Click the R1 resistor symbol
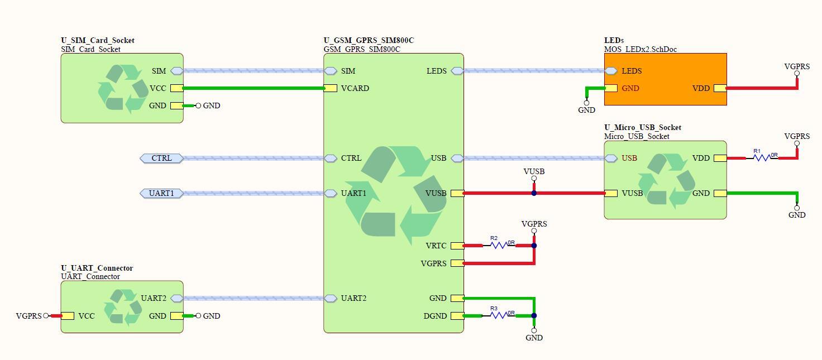click(x=762, y=157)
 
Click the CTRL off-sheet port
click(x=162, y=158)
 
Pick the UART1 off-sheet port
click(x=162, y=193)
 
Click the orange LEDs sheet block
click(x=665, y=79)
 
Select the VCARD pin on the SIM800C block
click(x=330, y=88)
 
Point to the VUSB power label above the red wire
click(x=534, y=171)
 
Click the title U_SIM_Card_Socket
click(x=98, y=40)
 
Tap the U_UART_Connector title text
click(x=97, y=268)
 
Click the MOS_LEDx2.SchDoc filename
click(x=641, y=49)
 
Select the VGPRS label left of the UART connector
click(x=28, y=316)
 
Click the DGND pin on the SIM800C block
click(x=457, y=316)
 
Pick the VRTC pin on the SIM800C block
click(x=457, y=246)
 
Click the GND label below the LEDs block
click(x=586, y=110)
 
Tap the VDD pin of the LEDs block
click(x=720, y=88)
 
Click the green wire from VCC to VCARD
click(x=253, y=88)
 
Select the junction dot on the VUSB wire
click(x=534, y=193)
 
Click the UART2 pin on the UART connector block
click(x=177, y=298)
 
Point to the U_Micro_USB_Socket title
click(x=643, y=128)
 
